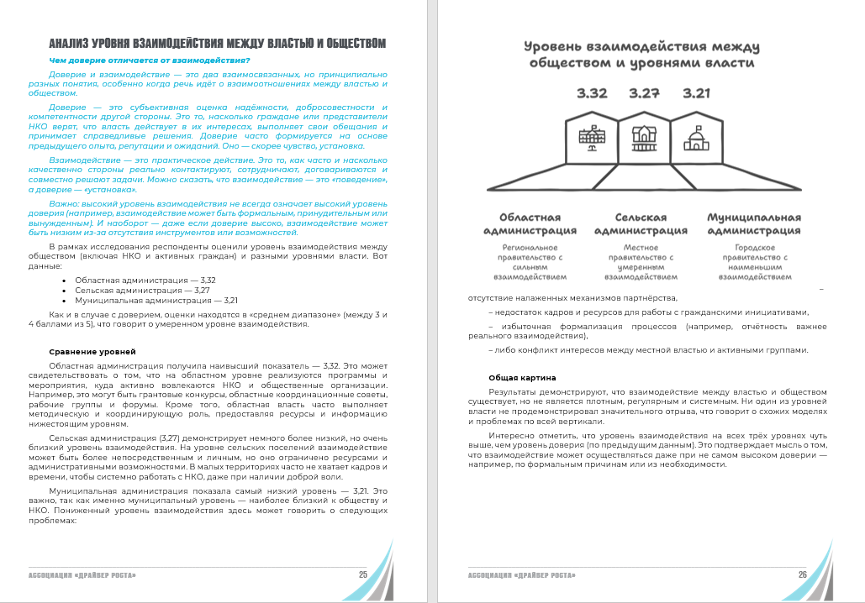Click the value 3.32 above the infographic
point(592,93)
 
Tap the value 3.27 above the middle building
point(644,93)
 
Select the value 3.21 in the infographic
point(697,93)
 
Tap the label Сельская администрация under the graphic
point(641,223)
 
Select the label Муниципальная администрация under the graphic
point(752,223)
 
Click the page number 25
point(362,575)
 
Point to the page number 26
point(803,575)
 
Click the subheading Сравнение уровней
point(92,351)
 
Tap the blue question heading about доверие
point(150,60)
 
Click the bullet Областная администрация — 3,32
point(145,280)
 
